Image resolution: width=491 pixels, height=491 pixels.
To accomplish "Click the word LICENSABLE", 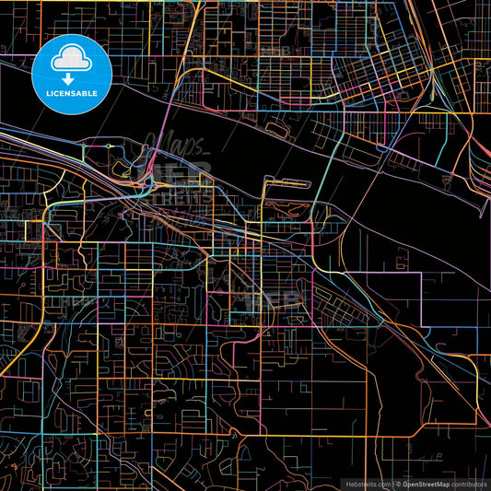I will click(71, 94).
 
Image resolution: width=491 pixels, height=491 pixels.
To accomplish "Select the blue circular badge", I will click(71, 73).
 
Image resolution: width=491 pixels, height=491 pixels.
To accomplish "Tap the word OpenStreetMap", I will click(429, 484).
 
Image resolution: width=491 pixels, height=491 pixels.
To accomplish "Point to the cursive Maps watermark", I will click(175, 145).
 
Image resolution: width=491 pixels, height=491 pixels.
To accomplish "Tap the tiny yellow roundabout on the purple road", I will click(109, 146).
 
